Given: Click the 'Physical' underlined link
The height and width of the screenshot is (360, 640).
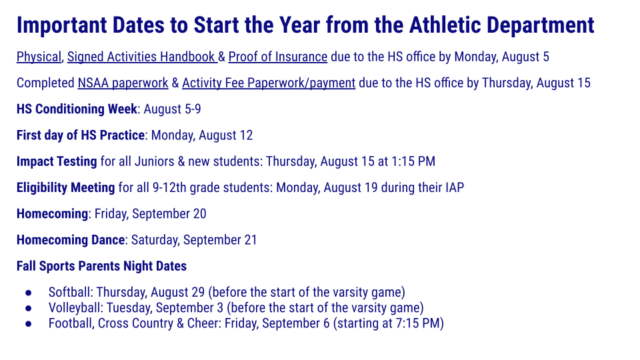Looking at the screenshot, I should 39,57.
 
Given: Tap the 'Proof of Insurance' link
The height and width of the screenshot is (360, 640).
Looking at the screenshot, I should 277,57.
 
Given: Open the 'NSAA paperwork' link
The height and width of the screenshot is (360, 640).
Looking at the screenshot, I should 123,83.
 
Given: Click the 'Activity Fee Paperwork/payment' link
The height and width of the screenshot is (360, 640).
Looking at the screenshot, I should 268,83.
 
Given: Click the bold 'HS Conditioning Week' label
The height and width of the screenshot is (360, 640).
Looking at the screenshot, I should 77,109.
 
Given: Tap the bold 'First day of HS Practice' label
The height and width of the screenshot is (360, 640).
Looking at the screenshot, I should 80,135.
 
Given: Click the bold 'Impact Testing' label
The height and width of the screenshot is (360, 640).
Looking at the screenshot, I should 57,161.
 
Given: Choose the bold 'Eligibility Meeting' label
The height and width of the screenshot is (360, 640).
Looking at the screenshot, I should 65,187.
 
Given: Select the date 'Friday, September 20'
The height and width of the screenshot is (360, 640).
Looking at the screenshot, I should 150,213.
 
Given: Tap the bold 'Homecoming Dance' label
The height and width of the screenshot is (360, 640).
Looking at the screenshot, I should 70,240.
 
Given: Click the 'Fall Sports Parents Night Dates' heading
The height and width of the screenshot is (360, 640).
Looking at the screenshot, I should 101,266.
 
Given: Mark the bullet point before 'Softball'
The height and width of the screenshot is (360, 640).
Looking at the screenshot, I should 28,293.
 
